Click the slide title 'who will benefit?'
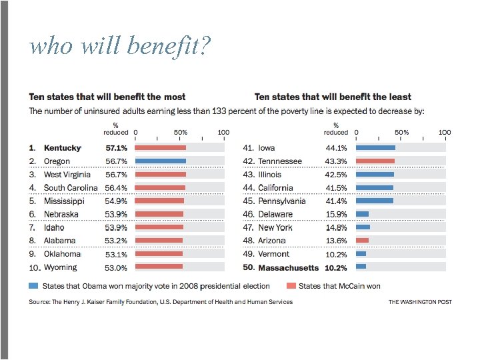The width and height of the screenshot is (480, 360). pos(121,45)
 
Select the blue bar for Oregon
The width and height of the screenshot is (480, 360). pos(161,161)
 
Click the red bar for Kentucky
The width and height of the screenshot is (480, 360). pos(161,147)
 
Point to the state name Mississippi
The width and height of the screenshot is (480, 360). pos(64,201)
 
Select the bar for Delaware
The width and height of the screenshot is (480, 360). pos(363,214)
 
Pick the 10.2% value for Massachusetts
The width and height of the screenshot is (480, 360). pos(336,267)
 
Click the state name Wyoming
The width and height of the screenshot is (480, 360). pos(61,267)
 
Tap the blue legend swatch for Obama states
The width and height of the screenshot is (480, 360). pos(33,285)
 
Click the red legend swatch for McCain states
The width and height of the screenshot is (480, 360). pos(291,285)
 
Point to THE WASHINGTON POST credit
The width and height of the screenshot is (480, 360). pos(420,302)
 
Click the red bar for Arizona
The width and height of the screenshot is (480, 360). pos(362,240)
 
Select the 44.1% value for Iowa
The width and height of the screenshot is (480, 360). pos(336,148)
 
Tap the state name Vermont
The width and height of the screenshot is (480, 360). pos(274,254)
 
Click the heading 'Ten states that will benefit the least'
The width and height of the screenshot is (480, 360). pos(333,97)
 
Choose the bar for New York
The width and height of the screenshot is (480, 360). pos(363,227)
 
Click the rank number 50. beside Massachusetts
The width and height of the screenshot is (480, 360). pos(249,267)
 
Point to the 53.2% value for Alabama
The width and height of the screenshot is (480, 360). pos(116,241)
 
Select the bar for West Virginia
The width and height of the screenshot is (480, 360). pos(161,174)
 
